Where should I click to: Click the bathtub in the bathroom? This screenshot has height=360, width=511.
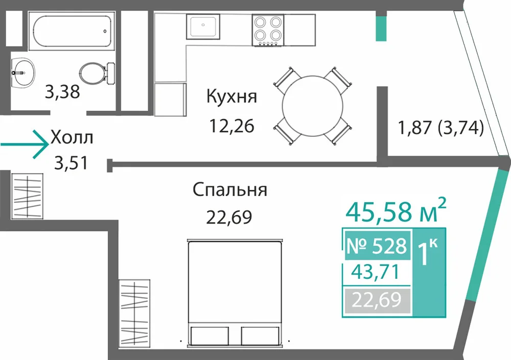(x=72, y=31)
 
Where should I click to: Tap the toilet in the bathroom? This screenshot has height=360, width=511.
(x=97, y=73)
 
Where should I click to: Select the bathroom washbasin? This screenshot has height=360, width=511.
(x=23, y=73)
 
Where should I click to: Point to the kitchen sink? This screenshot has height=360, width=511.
(x=203, y=26)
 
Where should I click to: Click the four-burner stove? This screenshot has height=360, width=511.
(x=268, y=30)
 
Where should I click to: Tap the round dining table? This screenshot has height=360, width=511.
(x=313, y=106)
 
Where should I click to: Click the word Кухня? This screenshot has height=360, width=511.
(x=231, y=97)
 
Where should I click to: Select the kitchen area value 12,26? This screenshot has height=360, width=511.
(x=231, y=126)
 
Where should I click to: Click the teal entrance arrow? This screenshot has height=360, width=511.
(x=25, y=145)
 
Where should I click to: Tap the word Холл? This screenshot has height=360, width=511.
(x=72, y=137)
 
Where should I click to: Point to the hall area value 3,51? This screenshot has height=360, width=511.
(x=71, y=163)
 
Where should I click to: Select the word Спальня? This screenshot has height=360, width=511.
(x=230, y=189)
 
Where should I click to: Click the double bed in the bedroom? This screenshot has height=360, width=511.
(x=235, y=292)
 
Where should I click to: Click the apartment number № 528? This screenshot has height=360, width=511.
(x=377, y=246)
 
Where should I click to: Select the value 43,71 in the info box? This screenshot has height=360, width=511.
(x=375, y=272)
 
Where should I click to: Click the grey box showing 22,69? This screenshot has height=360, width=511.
(x=377, y=300)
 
